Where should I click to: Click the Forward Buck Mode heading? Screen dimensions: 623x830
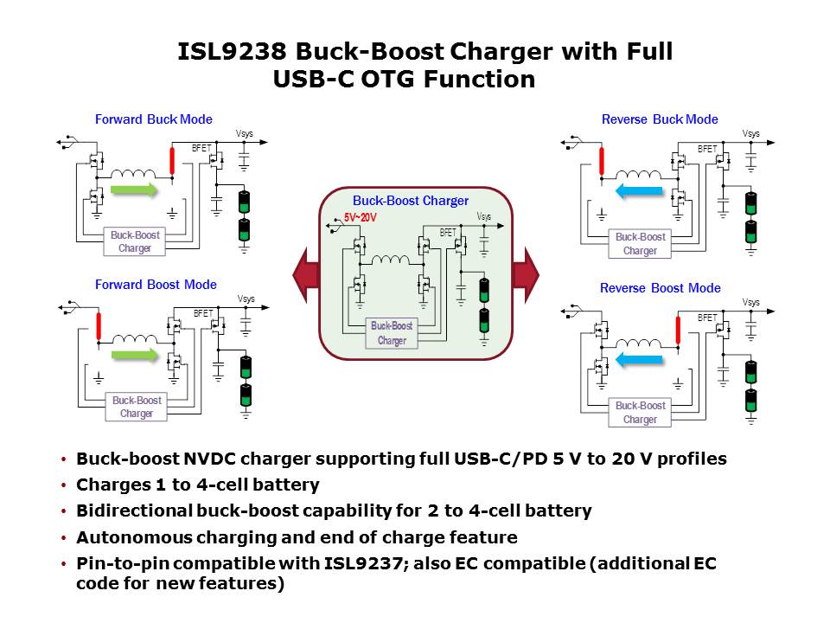(x=153, y=119)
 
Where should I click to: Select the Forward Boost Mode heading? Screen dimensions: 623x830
(x=156, y=285)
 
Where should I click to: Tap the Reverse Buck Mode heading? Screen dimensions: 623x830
(x=660, y=119)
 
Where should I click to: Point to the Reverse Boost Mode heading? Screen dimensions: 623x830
(x=660, y=288)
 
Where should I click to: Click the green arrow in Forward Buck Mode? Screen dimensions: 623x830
(x=136, y=190)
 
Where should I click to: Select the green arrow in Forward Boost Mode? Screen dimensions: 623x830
(x=136, y=353)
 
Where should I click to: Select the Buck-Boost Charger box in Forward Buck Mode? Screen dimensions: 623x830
(x=135, y=241)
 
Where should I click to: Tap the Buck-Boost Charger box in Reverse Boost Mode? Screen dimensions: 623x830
(x=640, y=413)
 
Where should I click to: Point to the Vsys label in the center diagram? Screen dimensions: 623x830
(x=486, y=217)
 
